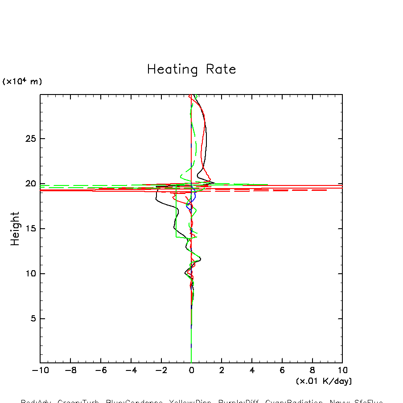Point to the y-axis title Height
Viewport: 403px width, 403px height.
(15, 229)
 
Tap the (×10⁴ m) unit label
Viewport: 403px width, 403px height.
(22, 82)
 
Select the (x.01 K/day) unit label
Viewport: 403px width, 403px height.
(324, 381)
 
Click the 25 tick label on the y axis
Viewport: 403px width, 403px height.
(30, 139)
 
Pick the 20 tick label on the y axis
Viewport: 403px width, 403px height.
(30, 184)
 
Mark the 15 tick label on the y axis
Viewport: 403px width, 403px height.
(30, 229)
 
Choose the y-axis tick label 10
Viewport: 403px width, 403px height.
(30, 274)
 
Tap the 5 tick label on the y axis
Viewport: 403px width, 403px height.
(32, 319)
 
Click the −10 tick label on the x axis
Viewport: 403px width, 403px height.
(38, 370)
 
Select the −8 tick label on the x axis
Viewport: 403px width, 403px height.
(69, 370)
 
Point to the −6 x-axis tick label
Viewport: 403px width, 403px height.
(99, 370)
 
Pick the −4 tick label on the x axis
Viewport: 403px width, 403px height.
(129, 370)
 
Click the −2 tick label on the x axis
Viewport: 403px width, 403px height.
(160, 370)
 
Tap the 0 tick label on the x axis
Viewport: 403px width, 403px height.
(191, 370)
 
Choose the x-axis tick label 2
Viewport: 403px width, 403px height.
(222, 370)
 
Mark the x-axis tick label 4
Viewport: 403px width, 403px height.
(252, 370)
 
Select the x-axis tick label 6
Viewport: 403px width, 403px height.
(282, 370)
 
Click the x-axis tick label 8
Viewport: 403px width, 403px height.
(313, 370)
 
